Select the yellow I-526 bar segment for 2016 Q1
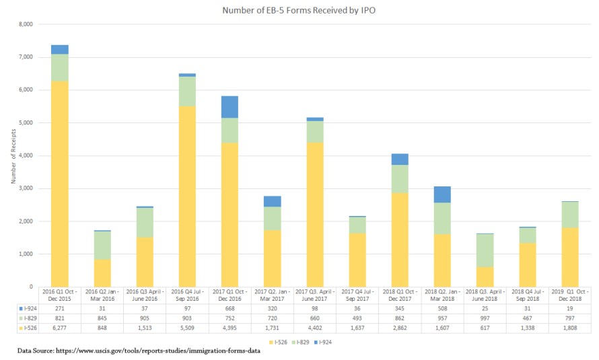pos(59,182)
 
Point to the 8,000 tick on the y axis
pos(24,24)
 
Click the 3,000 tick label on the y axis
pos(24,188)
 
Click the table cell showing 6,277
pos(59,327)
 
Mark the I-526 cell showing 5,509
pos(186,327)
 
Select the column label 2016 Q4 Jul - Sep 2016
pos(186,295)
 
